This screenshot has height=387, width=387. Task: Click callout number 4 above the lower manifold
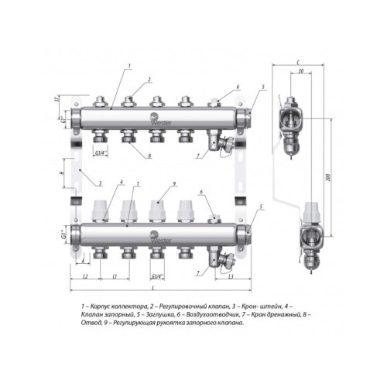[121, 183]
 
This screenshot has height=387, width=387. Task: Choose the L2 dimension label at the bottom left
[84, 276]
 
